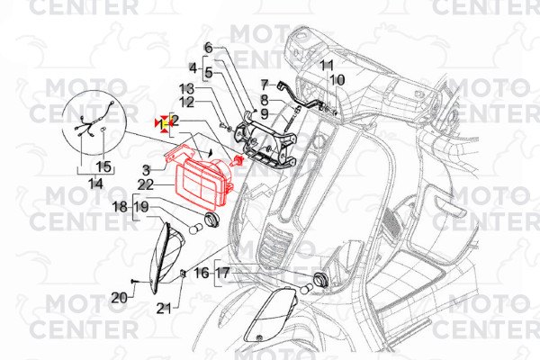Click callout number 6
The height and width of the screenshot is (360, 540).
[x=207, y=48]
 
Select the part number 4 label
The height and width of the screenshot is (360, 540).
[x=192, y=67]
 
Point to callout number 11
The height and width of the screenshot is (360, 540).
[x=327, y=66]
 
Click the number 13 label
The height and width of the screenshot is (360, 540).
[x=186, y=89]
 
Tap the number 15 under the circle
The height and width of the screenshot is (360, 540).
[x=103, y=166]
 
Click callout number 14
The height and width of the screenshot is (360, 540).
[x=95, y=184]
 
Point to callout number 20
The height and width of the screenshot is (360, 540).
[x=119, y=297]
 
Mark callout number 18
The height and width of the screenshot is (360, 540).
[x=120, y=207]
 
